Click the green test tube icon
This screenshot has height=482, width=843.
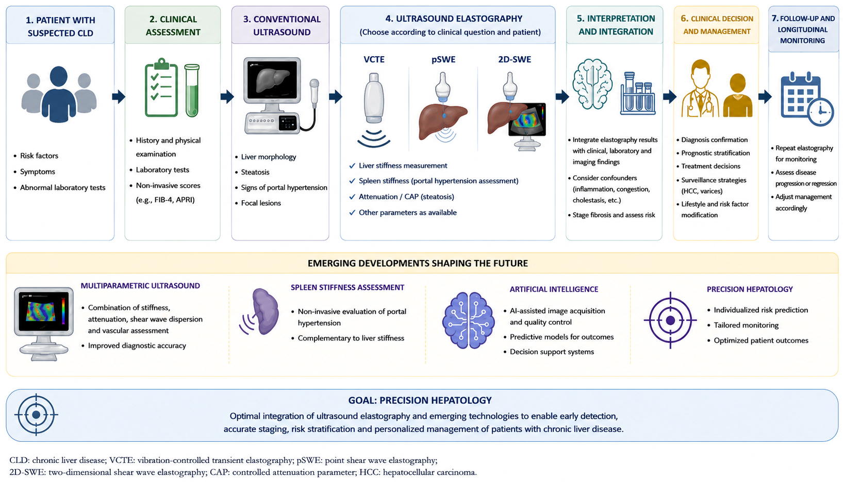click(192, 91)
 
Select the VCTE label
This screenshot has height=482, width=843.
click(374, 59)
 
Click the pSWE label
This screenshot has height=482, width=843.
click(443, 59)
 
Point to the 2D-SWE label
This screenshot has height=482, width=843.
click(515, 59)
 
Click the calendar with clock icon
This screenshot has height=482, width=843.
click(802, 98)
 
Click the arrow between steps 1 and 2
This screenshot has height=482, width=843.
click(119, 97)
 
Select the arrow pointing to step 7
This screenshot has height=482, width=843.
click(765, 97)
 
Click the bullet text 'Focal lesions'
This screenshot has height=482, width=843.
click(261, 203)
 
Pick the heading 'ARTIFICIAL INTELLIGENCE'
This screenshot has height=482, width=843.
click(554, 289)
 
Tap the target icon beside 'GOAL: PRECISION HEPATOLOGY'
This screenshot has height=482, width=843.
click(36, 415)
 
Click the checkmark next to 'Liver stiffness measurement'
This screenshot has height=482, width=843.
click(352, 166)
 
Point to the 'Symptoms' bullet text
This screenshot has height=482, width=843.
click(37, 172)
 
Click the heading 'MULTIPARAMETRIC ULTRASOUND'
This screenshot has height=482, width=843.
click(140, 286)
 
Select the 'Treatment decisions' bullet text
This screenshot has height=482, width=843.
click(710, 166)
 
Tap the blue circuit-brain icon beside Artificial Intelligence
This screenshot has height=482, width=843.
click(468, 320)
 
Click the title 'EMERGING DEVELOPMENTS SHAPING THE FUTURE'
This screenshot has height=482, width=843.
click(418, 263)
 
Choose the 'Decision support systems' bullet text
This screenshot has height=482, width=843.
click(552, 352)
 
